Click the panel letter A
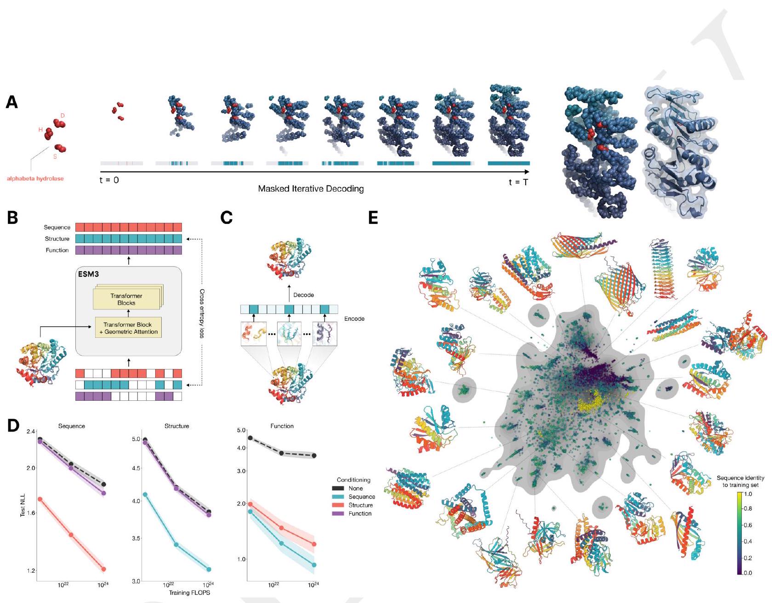pyautogui.click(x=12, y=102)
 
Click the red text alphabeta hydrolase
pyautogui.click(x=35, y=179)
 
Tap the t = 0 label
pyautogui.click(x=109, y=180)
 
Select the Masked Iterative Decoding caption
pyautogui.click(x=311, y=188)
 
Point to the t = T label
pyautogui.click(x=518, y=182)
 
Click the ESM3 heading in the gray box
pyautogui.click(x=88, y=274)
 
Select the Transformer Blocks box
pyautogui.click(x=126, y=299)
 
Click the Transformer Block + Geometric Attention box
pyautogui.click(x=128, y=328)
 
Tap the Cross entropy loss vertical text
pyautogui.click(x=201, y=313)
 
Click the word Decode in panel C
pyautogui.click(x=304, y=295)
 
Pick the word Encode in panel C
pyautogui.click(x=354, y=319)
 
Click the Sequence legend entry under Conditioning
pyautogui.click(x=362, y=497)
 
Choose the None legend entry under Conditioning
pyautogui.click(x=356, y=489)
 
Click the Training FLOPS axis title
pyautogui.click(x=189, y=592)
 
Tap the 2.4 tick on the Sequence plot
pyautogui.click(x=31, y=432)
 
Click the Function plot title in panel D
pyautogui.click(x=282, y=426)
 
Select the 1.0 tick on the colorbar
pyautogui.click(x=748, y=494)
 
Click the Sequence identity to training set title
pyautogui.click(x=740, y=481)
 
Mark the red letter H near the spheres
pyautogui.click(x=40, y=130)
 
